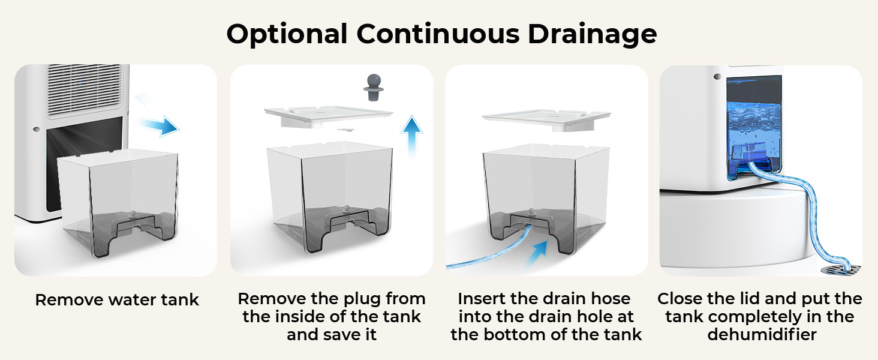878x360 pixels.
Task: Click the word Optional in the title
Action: click(287, 34)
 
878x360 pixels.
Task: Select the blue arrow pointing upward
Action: click(411, 134)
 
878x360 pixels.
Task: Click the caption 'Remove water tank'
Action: click(116, 300)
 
